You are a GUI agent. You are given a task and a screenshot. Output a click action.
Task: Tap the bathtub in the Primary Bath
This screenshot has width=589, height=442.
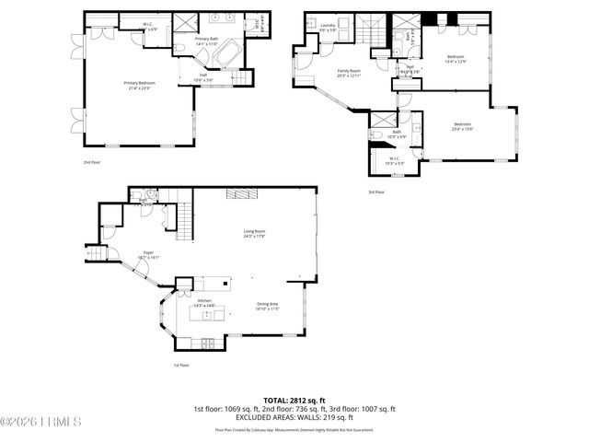click(224, 54)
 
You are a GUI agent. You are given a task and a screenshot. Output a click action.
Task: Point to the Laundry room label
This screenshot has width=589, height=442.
click(328, 28)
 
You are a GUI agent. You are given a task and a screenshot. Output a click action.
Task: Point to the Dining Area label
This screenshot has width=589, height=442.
click(267, 306)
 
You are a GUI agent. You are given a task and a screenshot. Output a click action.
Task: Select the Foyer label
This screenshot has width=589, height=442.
click(148, 254)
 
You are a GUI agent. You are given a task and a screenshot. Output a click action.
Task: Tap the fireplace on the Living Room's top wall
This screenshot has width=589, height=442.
click(241, 193)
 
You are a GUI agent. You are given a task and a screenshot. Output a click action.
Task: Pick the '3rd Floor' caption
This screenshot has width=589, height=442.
click(375, 192)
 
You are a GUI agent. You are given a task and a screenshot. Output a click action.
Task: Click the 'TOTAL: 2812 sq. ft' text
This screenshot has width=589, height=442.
click(294, 401)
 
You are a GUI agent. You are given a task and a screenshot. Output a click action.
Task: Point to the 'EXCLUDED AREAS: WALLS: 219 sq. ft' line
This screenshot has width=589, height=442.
click(294, 417)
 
